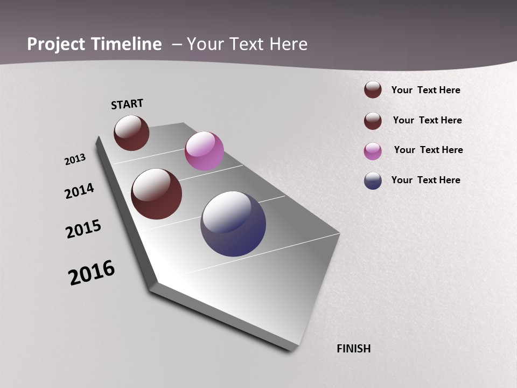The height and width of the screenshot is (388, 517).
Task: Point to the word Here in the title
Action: [288, 44]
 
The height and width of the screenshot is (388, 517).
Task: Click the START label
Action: [127, 104]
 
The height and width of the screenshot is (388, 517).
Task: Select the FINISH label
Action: [354, 349]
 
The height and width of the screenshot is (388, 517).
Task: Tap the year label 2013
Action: [75, 160]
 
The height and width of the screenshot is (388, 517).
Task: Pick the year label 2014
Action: [79, 191]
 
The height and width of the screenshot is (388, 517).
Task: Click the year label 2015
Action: [83, 229]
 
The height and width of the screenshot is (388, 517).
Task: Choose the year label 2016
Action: [92, 272]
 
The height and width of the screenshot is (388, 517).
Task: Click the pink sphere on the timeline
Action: [204, 151]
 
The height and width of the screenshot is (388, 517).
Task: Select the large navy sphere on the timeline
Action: [233, 224]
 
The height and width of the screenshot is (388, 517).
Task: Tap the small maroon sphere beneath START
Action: [131, 133]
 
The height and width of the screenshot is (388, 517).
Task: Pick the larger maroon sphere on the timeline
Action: [156, 194]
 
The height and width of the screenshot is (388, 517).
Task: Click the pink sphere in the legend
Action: [373, 151]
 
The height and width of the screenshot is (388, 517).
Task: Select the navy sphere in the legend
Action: [373, 181]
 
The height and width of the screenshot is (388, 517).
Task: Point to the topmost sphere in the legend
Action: [373, 89]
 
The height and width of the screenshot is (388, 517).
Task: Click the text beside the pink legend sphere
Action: [428, 150]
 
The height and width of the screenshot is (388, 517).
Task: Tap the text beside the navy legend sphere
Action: [425, 180]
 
